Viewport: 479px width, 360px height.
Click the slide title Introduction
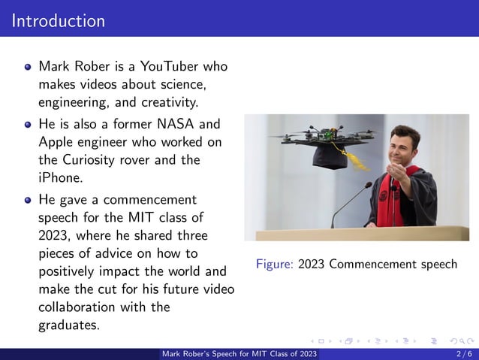pos(59,20)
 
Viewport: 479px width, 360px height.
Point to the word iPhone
pos(59,178)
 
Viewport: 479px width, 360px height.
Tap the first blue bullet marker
pos(28,67)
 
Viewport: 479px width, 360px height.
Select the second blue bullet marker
pos(28,124)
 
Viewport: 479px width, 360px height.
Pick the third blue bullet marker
pos(28,200)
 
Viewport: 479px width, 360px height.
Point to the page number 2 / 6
pos(463,354)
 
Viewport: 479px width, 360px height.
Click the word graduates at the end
pos(68,325)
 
